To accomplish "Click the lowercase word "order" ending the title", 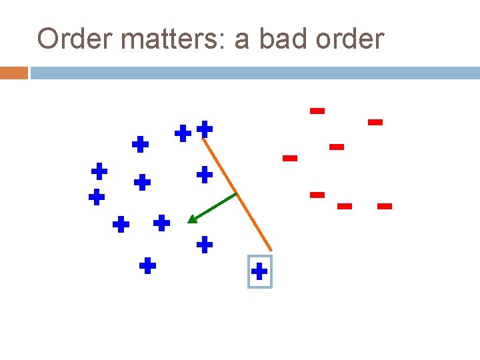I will coord(353,39).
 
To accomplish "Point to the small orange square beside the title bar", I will coord(13,73).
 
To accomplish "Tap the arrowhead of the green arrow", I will coord(191,220).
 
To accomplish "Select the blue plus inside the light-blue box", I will coord(259,271).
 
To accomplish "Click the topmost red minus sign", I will coord(317,111).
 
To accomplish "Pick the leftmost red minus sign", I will coord(289,158).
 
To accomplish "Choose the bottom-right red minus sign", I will coord(384,207).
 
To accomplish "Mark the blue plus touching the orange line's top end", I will coord(205,128).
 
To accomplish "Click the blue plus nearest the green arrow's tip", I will coord(161,223).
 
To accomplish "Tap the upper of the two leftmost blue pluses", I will coord(99,171).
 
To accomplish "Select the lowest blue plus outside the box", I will coord(147,267).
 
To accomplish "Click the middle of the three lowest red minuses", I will coord(345,207).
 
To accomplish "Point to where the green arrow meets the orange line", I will coord(237,194).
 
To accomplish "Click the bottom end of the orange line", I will coord(271,250).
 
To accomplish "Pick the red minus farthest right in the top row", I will coord(375,122).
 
